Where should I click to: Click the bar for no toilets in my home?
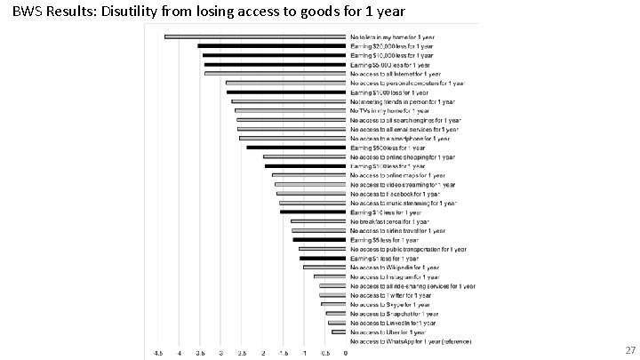(254, 36)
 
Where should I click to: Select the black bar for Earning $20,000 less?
(271, 45)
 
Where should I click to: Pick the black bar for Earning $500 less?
(295, 148)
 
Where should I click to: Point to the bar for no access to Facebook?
(310, 194)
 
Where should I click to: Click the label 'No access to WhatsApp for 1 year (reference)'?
(412, 341)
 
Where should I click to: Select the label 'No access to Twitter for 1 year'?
(395, 295)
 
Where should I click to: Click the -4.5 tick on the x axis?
(158, 353)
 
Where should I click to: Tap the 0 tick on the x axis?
(345, 353)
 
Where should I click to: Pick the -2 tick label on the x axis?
(261, 353)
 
